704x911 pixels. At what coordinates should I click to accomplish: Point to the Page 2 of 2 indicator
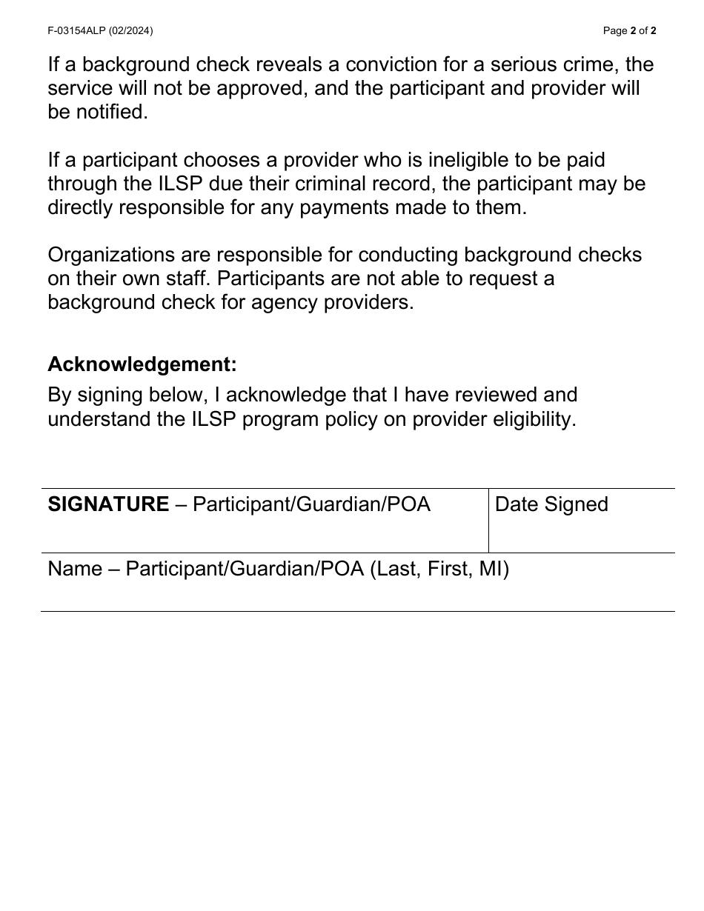click(x=629, y=31)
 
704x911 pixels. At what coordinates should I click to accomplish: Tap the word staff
click(x=187, y=278)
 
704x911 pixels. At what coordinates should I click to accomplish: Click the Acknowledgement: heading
click(x=142, y=364)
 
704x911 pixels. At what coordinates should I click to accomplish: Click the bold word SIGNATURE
click(x=108, y=504)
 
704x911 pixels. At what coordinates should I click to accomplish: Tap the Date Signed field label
click(x=551, y=504)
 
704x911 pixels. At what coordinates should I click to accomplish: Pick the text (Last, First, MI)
click(x=439, y=569)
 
